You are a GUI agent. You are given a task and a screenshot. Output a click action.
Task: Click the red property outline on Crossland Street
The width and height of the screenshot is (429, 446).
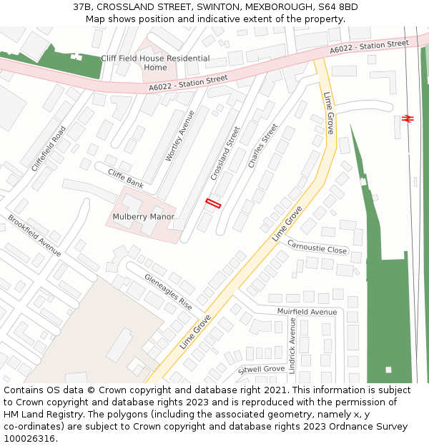click(213, 203)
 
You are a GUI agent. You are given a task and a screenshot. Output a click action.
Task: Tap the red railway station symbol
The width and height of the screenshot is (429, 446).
click(408, 118)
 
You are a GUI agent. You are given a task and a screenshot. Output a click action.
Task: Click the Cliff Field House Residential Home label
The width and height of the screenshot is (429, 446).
click(155, 63)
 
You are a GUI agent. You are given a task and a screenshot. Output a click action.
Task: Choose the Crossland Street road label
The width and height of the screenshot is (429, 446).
click(225, 153)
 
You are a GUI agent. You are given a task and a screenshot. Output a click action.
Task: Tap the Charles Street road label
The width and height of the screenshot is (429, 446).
click(262, 146)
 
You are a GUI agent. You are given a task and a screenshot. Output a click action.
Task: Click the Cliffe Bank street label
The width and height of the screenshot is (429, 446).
click(125, 178)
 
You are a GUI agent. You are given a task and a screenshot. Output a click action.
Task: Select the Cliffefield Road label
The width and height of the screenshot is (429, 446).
click(49, 148)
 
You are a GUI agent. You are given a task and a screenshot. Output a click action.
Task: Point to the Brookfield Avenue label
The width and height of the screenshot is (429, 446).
click(34, 235)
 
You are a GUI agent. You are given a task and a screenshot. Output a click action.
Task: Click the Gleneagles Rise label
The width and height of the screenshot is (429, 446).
click(168, 292)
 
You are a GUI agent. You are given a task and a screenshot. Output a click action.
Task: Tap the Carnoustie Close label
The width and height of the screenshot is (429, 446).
click(317, 247)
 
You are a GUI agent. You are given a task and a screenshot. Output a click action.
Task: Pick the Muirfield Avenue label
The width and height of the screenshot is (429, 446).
click(307, 312)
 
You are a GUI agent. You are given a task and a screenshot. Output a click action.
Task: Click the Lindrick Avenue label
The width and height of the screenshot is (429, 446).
click(292, 345)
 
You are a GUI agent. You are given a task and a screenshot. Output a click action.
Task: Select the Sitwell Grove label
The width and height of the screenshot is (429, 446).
click(262, 370)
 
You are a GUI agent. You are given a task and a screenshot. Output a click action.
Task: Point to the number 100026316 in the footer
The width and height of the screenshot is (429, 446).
click(30, 439)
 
